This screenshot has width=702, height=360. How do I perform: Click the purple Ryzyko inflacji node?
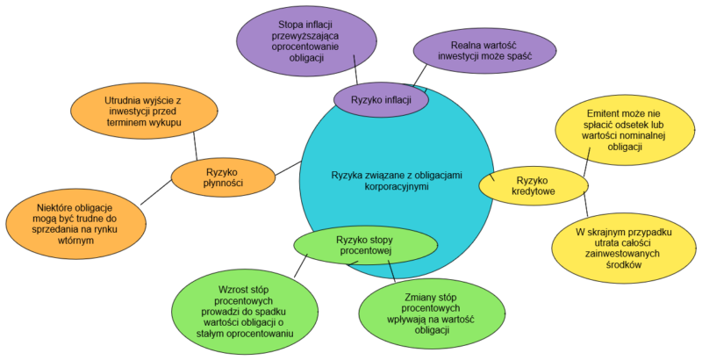click(381, 99)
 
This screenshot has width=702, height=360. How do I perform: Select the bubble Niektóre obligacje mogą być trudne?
click(74, 223)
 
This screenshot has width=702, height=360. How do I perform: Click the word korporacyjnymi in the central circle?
click(397, 188)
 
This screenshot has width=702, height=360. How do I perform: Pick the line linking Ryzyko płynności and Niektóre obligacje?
click(157, 191)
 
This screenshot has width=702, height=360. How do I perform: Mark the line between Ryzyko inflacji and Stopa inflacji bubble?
click(355, 72)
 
